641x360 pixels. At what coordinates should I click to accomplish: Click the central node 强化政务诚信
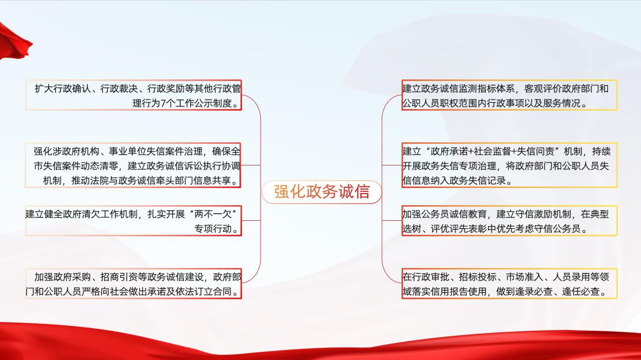pyautogui.click(x=322, y=192)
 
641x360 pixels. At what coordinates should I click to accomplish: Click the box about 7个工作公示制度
pyautogui.click(x=134, y=95)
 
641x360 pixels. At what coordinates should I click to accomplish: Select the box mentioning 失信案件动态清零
pyautogui.click(x=133, y=165)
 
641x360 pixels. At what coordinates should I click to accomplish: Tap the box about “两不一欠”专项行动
pyautogui.click(x=134, y=221)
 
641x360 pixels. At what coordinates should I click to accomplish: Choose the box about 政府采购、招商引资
pyautogui.click(x=134, y=284)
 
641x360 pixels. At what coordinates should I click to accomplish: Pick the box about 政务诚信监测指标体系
pyautogui.click(x=510, y=95)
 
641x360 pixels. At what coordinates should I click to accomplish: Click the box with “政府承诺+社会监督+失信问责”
pyautogui.click(x=510, y=165)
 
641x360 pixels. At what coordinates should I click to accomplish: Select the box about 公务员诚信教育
pyautogui.click(x=510, y=221)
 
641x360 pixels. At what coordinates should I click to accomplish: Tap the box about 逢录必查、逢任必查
pyautogui.click(x=510, y=284)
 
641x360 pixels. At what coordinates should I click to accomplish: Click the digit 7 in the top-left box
pyautogui.click(x=164, y=103)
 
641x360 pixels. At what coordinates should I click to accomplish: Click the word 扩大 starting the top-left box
pyautogui.click(x=44, y=88)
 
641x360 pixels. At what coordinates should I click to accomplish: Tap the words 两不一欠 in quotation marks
pyautogui.click(x=213, y=214)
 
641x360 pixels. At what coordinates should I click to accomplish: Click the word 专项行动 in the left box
pyautogui.click(x=213, y=229)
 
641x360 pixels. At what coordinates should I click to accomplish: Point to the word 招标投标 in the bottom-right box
pyautogui.click(x=477, y=277)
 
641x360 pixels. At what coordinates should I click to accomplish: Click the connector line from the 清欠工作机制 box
pyautogui.click(x=251, y=220)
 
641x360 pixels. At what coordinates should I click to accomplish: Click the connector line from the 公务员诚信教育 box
pyautogui.click(x=392, y=220)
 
